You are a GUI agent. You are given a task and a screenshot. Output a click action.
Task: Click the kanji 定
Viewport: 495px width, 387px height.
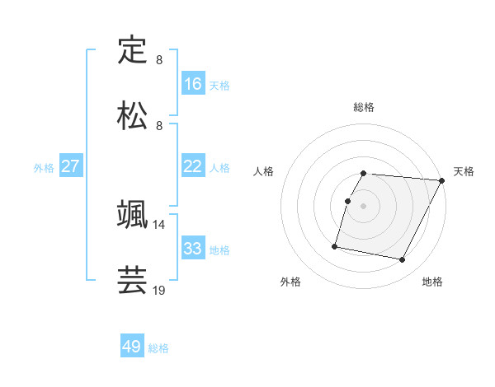tap(132, 50)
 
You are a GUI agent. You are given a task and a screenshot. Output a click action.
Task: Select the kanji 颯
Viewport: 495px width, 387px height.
tap(132, 215)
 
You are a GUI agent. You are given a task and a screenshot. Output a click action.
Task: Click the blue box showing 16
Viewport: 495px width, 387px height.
tap(193, 84)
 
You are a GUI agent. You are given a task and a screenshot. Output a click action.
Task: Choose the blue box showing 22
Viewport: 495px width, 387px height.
tap(193, 166)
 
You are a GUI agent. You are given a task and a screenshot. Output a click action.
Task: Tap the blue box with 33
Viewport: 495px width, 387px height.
tap(193, 249)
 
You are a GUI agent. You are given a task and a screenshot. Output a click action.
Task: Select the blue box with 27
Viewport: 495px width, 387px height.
tap(71, 166)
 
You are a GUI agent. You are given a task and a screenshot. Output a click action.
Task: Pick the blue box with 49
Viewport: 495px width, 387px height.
tap(132, 347)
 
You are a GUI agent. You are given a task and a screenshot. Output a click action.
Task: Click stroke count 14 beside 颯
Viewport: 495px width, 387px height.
tap(159, 224)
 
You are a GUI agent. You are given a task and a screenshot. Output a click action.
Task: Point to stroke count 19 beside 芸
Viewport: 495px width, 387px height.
tap(159, 290)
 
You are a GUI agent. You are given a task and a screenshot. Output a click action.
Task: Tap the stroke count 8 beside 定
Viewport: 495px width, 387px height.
tap(159, 59)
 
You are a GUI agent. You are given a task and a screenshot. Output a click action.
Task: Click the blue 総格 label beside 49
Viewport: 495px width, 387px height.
tap(158, 348)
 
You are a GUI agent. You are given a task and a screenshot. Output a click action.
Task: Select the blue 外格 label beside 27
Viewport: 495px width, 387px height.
tap(44, 167)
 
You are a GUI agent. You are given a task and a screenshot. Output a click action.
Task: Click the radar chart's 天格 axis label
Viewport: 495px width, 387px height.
tap(464, 171)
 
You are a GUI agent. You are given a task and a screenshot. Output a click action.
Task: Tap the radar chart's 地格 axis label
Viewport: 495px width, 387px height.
tap(432, 282)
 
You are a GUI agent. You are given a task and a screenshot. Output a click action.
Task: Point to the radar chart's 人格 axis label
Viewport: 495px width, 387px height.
tap(263, 171)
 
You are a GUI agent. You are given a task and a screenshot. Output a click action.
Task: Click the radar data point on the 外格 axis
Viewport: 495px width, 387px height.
tap(335, 245)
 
